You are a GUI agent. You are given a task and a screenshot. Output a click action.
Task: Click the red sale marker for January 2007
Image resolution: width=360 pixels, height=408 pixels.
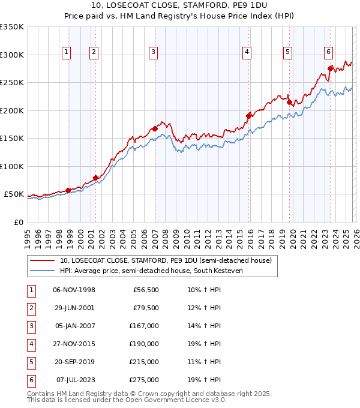coord(155,128)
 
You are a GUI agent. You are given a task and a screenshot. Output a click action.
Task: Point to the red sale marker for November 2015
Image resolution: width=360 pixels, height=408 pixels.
coord(249,115)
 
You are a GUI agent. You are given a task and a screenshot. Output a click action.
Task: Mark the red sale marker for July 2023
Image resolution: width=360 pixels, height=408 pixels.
coord(331,68)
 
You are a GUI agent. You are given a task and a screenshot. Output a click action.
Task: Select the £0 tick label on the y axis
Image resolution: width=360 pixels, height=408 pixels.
coord(19,222)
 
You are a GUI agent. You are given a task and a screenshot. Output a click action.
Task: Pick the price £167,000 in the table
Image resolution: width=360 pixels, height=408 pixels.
coord(145,326)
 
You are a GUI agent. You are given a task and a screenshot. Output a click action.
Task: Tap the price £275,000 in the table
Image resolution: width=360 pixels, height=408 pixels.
coord(145,380)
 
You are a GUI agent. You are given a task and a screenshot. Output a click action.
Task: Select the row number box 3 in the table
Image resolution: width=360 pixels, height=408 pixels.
coord(31,326)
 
